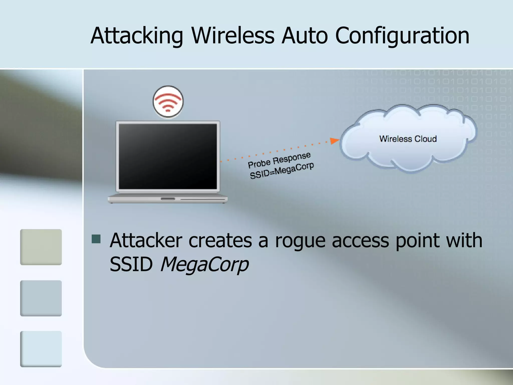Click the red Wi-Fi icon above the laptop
pyautogui.click(x=168, y=102)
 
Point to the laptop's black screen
pyautogui.click(x=168, y=156)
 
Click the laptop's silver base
pyautogui.click(x=168, y=199)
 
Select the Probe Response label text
pyautogui.click(x=279, y=160)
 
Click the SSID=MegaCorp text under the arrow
pyautogui.click(x=282, y=171)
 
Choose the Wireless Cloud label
pyautogui.click(x=408, y=139)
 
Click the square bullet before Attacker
pyautogui.click(x=96, y=239)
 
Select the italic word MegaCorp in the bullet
pyautogui.click(x=204, y=265)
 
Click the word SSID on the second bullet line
pyautogui.click(x=131, y=264)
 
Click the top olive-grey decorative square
pyautogui.click(x=41, y=247)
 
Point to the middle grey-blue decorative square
pyautogui.click(x=41, y=298)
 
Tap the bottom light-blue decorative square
pyautogui.click(x=41, y=349)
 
